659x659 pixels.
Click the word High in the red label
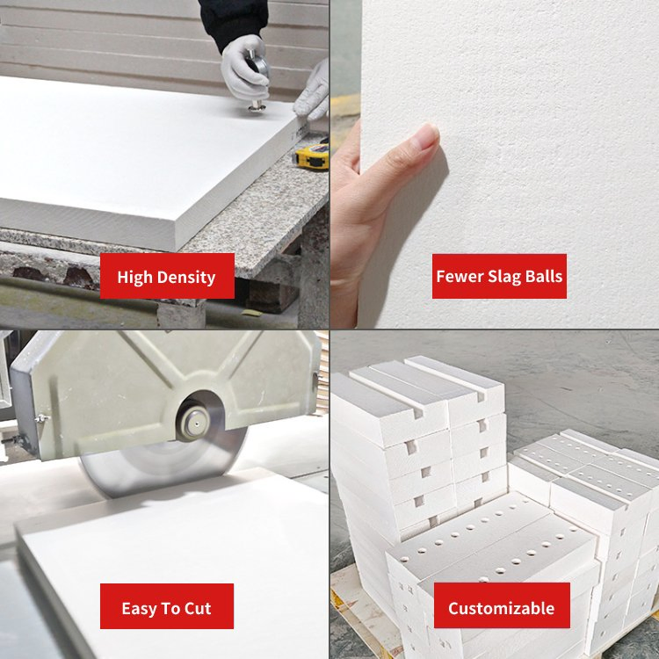135,277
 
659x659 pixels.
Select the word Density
185,277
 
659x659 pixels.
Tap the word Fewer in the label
460,277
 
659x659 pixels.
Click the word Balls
545,277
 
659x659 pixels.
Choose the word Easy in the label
141,608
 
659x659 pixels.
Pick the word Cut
197,608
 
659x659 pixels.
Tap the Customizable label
501,608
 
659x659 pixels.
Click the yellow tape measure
312,156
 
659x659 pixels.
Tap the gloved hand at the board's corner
314,92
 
